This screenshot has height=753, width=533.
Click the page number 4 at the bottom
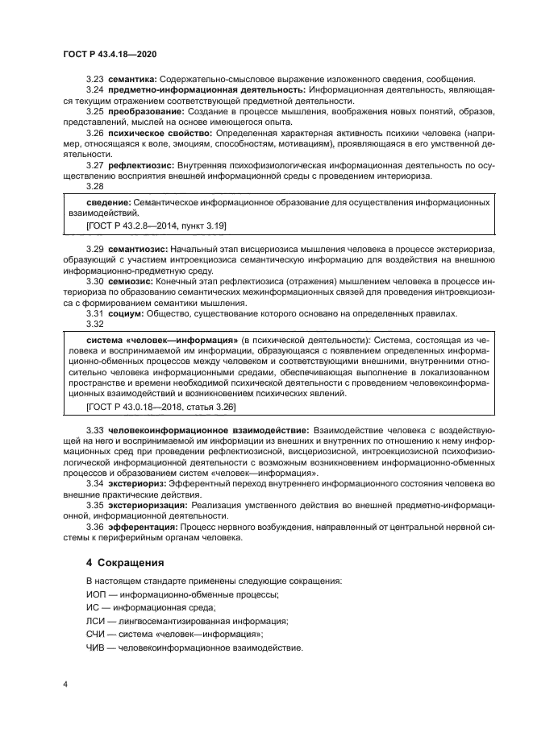(x=65, y=684)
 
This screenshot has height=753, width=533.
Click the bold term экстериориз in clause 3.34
(x=139, y=483)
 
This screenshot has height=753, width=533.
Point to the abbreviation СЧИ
(x=96, y=635)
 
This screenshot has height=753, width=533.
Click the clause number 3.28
(x=95, y=185)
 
